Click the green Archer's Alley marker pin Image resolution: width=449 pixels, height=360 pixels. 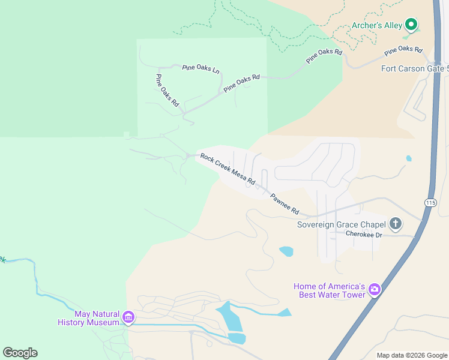pos(411,25)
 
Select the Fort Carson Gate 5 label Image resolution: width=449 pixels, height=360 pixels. pos(415,68)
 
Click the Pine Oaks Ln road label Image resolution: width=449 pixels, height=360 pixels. pos(200,68)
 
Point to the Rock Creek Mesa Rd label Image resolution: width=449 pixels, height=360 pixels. pos(228,169)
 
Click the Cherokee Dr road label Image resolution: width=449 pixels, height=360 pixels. pos(364,235)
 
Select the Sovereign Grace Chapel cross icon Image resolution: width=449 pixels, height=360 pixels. pos(395,224)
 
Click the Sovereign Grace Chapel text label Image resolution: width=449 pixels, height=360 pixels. pos(342,225)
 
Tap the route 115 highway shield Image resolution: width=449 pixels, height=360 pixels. pos(429,202)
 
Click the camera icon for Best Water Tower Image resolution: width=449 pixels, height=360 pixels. pos(375,290)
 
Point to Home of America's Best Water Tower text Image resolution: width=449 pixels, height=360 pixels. pos(330,290)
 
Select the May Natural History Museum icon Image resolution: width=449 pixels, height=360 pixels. pos(128,317)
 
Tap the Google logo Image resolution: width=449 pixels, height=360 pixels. pos(20,353)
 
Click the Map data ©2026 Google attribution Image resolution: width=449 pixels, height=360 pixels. pos(412,355)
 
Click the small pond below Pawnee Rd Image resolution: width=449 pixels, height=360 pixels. pos(286,251)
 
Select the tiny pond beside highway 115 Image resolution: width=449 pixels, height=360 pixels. pos(409,159)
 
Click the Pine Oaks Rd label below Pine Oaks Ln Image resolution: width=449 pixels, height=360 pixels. pos(242,83)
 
